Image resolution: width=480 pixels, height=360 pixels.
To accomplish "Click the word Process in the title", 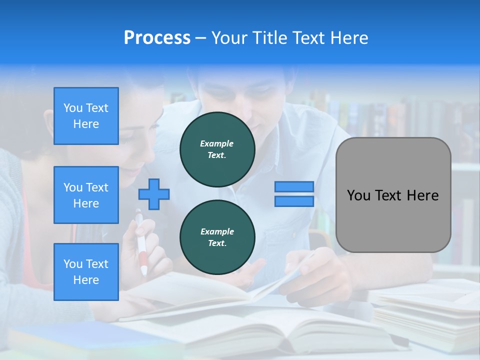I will tap(157, 38).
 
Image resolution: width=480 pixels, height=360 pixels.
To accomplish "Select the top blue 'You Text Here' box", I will tap(86, 116).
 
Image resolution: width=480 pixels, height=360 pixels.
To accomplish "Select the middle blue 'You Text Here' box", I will tap(86, 195).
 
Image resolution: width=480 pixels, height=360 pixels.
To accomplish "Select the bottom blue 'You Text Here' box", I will tap(86, 271).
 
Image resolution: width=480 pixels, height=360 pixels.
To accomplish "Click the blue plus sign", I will tap(154, 194).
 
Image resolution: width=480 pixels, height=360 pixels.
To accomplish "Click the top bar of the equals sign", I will tap(294, 186).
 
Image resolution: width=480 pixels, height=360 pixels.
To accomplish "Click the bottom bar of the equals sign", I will tap(294, 201).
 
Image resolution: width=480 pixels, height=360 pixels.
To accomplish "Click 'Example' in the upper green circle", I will tap(217, 143).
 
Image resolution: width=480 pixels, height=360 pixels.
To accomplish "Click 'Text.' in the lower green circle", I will tap(217, 243).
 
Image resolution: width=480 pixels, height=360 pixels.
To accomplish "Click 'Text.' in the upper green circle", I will tap(217, 155).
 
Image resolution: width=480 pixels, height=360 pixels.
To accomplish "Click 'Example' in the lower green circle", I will tap(217, 231).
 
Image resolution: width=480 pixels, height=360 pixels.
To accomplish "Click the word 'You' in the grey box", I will tap(358, 195).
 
